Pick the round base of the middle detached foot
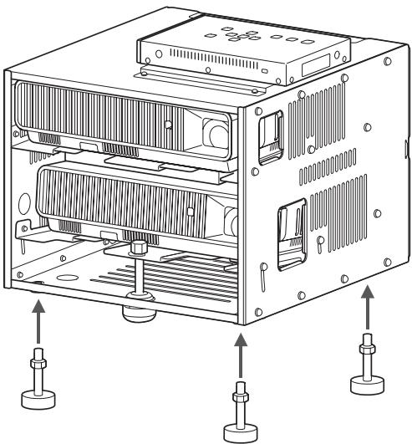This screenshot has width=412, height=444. [241, 432]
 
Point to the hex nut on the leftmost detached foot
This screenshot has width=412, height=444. [37, 363]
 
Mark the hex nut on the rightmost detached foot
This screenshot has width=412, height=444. [365, 344]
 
